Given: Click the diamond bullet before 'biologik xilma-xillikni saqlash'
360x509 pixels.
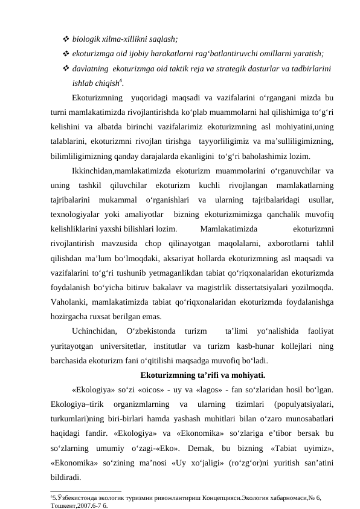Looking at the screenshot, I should click(x=66, y=39).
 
